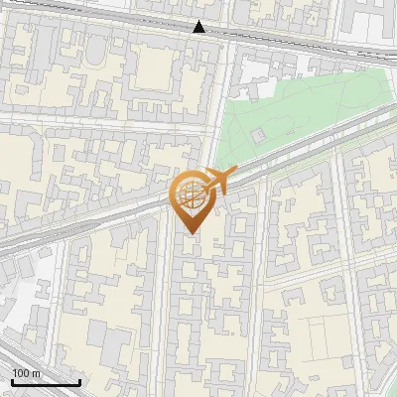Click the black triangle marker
[x=199, y=28]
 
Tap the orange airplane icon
[x=218, y=181]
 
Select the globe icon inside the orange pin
[x=194, y=196]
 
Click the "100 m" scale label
[x=26, y=372]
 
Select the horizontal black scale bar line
[x=46, y=382]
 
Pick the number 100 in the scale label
[x=21, y=372]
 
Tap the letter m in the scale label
[x=36, y=372]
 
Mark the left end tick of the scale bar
[x=12, y=380]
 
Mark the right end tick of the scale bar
[x=79, y=380]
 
